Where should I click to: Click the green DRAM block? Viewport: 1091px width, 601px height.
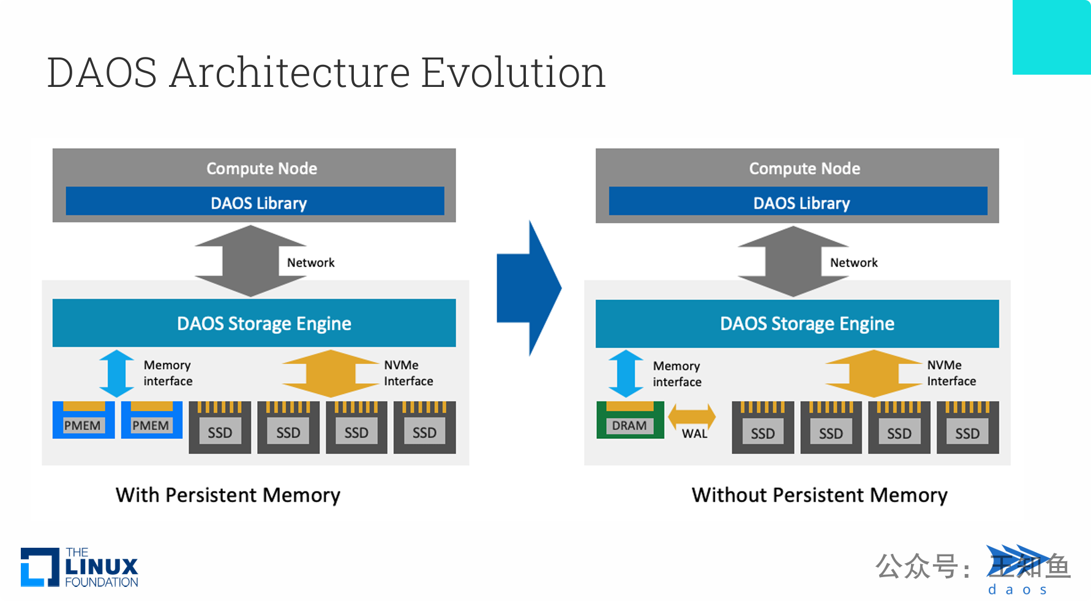(630, 420)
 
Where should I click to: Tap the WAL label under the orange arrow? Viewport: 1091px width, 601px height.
(694, 434)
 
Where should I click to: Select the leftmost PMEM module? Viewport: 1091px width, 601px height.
(83, 420)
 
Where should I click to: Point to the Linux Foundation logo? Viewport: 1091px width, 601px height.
(80, 567)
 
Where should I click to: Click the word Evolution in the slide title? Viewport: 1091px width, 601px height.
(513, 72)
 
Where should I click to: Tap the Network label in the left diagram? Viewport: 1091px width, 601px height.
(310, 263)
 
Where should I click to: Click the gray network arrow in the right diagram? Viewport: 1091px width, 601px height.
(793, 261)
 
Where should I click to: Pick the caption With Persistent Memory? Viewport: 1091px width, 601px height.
(228, 495)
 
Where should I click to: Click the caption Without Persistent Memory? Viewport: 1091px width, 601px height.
(819, 495)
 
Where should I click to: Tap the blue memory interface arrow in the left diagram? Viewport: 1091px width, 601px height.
(116, 373)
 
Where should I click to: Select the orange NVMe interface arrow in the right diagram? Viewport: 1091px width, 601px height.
(874, 373)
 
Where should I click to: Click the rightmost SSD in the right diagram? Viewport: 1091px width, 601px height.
(967, 428)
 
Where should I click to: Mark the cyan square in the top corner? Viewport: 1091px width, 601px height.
(1051, 37)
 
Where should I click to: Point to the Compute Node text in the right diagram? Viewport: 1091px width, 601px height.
(804, 168)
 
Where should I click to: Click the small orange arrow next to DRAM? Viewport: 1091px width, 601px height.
(692, 416)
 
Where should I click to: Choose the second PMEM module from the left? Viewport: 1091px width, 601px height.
(151, 420)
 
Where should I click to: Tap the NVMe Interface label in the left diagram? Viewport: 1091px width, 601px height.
(408, 373)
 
